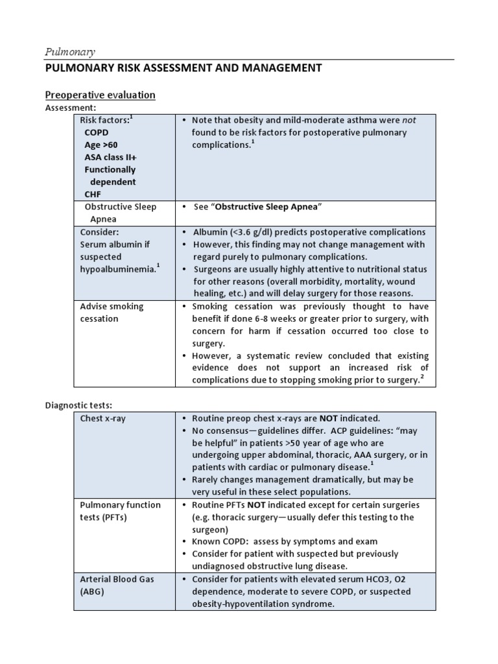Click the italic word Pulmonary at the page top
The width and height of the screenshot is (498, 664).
[69, 51]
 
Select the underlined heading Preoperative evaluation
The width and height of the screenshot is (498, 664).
[100, 95]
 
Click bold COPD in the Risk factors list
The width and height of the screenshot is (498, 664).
[97, 132]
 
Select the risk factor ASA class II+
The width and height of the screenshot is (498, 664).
[110, 157]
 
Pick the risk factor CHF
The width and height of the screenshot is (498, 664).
[93, 194]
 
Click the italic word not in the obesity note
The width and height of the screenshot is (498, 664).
[409, 120]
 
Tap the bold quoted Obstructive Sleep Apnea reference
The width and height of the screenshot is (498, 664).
[267, 207]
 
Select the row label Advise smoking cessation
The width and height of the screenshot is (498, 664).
[112, 313]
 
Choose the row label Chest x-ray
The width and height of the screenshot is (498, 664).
[102, 419]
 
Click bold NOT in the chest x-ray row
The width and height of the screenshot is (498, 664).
[328, 418]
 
